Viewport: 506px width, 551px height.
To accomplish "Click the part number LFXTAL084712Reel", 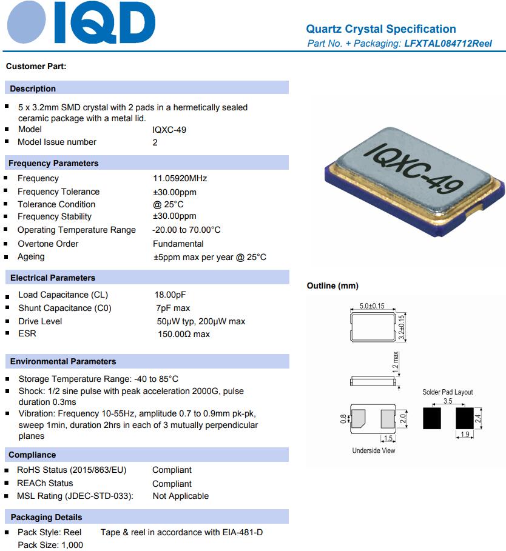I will point(448,44).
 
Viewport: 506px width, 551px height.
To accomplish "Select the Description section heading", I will point(33,88).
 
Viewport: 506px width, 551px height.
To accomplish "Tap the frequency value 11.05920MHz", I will point(180,178).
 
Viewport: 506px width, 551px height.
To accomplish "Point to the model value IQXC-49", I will point(169,129).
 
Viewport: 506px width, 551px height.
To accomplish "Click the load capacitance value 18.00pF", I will point(170,295).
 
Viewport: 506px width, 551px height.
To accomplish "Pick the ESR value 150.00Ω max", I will point(184,334).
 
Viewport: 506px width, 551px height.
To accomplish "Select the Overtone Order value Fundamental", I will point(178,244).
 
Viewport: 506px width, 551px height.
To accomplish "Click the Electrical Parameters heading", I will point(53,278).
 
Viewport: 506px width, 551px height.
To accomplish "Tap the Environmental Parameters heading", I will point(63,361).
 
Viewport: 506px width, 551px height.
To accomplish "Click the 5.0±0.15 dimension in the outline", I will point(372,306).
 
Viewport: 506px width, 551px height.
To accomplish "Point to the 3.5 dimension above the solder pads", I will point(448,401).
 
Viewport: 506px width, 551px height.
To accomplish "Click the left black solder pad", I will point(431,418).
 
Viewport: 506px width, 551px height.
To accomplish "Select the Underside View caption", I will point(374,450).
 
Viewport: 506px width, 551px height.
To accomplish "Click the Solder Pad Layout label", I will point(447,392).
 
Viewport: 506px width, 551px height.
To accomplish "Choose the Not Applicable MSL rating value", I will point(180,496).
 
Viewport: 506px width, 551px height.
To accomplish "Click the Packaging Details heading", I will point(46,517).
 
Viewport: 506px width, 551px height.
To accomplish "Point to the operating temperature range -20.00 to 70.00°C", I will point(187,230).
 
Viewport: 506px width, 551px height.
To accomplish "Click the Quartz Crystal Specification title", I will point(380,29).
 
